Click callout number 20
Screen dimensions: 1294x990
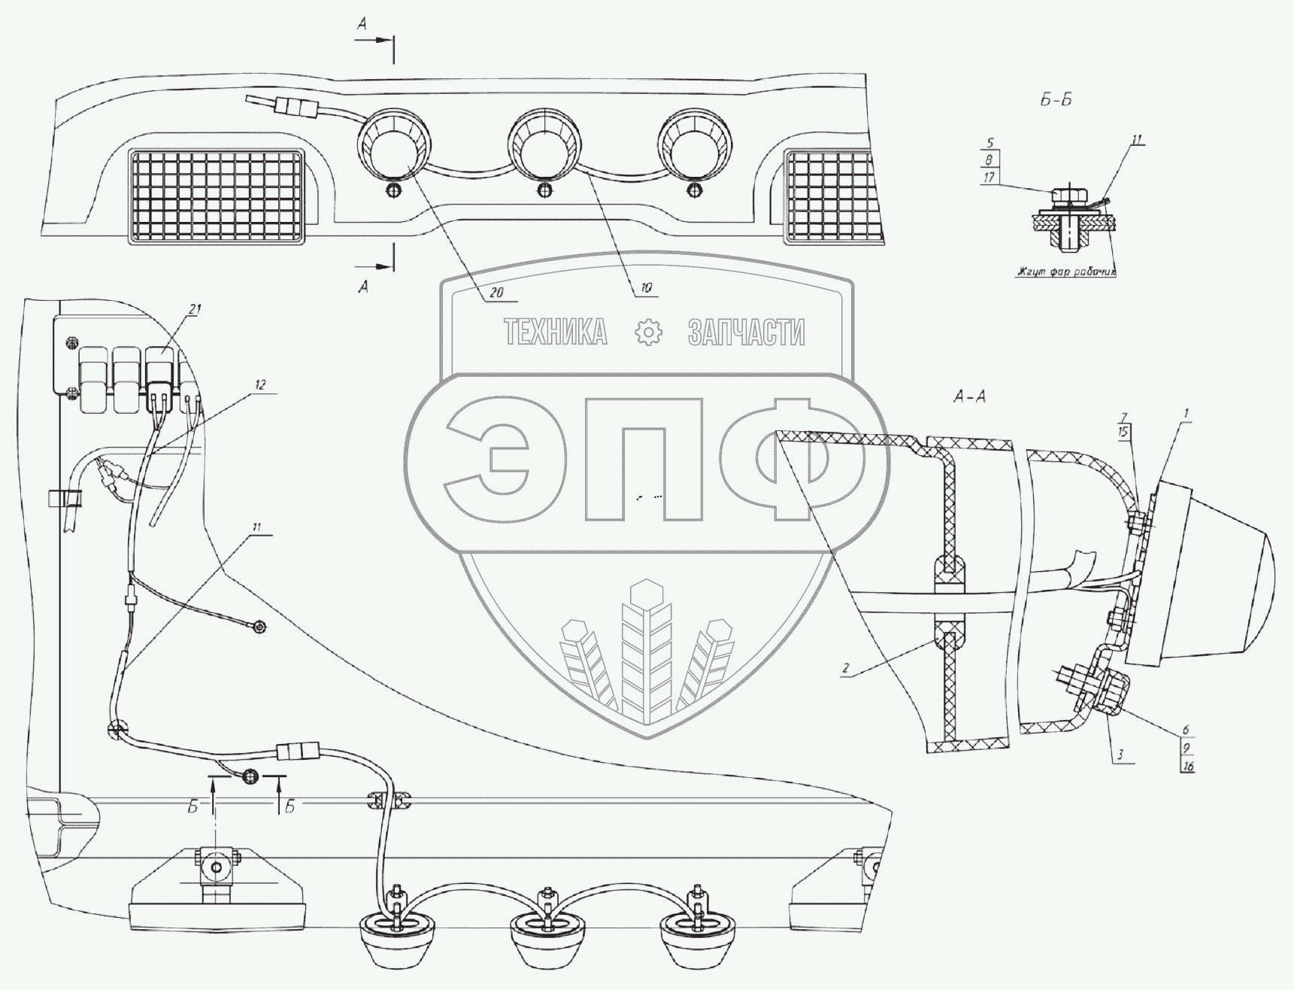[x=496, y=293]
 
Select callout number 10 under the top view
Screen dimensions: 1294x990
[x=647, y=287]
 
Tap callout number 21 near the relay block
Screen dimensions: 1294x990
[x=195, y=309]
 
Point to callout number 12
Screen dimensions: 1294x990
[x=259, y=384]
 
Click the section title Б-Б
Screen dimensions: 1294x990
[x=1056, y=100]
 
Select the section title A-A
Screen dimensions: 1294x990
[x=969, y=396]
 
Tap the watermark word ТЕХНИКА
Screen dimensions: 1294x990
[x=555, y=332]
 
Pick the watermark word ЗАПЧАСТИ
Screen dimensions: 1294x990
[x=746, y=332]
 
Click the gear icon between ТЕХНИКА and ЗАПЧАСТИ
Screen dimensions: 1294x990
[x=648, y=332]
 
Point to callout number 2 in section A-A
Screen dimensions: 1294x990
[x=845, y=667]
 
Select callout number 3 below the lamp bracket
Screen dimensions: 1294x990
[x=1120, y=753]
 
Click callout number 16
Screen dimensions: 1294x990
[x=1188, y=766]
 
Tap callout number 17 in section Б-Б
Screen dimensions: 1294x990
[x=989, y=178]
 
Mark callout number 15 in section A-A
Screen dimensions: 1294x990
[x=1123, y=432]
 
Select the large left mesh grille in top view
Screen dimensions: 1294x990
[x=217, y=195]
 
